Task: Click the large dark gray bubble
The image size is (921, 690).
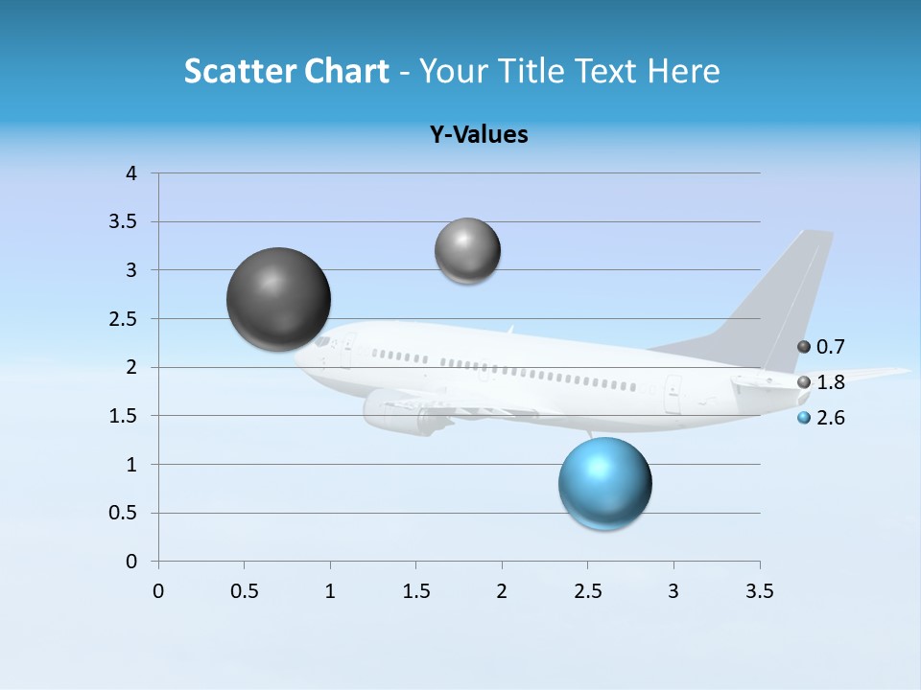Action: tap(278, 299)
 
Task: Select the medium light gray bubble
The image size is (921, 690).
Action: tap(467, 251)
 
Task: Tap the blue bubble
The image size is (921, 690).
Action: tap(604, 483)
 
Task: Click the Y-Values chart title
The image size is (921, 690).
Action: tap(479, 135)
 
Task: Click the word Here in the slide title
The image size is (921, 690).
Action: tap(683, 71)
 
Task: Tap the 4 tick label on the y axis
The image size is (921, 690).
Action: tap(131, 173)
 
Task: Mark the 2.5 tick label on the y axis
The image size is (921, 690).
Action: tap(124, 319)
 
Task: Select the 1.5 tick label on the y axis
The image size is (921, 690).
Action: tap(124, 416)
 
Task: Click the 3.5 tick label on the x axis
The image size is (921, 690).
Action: tap(759, 591)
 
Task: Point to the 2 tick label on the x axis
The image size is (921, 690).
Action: tap(502, 591)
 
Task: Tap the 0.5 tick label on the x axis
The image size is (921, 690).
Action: tap(244, 591)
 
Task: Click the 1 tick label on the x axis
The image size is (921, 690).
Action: tap(330, 591)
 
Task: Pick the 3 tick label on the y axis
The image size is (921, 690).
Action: tap(131, 270)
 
